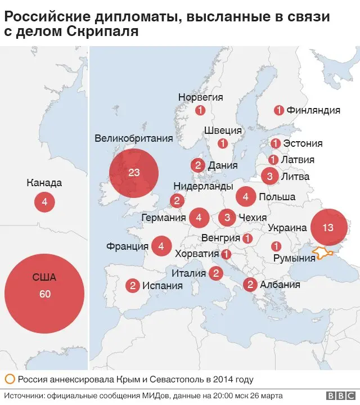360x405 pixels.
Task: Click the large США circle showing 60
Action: [44, 294]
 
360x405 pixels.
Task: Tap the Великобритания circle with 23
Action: [133, 173]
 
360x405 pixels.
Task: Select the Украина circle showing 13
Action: [328, 228]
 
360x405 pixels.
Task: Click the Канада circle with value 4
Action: [44, 202]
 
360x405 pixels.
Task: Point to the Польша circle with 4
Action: [246, 196]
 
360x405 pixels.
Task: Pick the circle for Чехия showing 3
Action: [227, 217]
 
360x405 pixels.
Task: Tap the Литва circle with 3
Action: [270, 177]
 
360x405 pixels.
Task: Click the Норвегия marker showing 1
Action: [200, 111]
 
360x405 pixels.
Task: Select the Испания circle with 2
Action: [133, 286]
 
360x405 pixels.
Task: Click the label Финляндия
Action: [313, 110]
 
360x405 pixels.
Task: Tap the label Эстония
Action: [303, 143]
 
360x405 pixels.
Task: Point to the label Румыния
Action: [294, 258]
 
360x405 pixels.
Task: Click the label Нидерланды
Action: [203, 186]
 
